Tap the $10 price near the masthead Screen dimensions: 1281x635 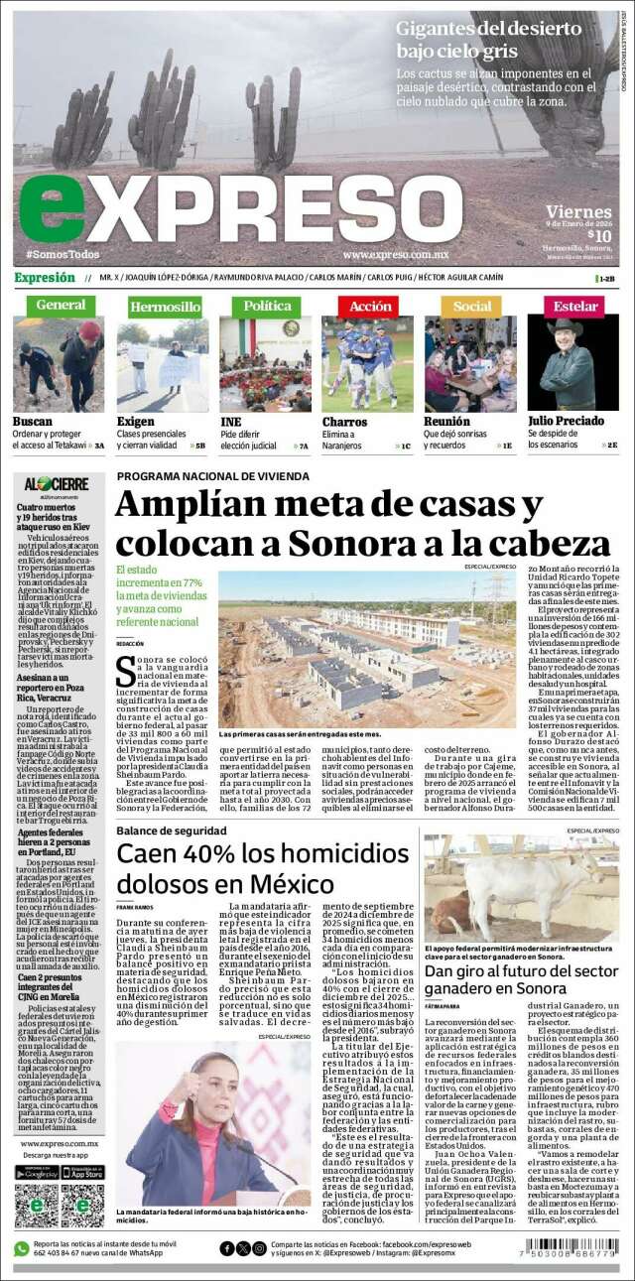coord(598,234)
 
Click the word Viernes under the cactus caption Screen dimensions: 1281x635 coord(578,211)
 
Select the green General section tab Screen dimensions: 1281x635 coord(60,306)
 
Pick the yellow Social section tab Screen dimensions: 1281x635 coord(470,307)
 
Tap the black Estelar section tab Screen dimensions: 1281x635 coord(574,307)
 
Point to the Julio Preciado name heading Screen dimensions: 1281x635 coord(566,422)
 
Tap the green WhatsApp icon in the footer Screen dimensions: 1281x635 coord(21,1248)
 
